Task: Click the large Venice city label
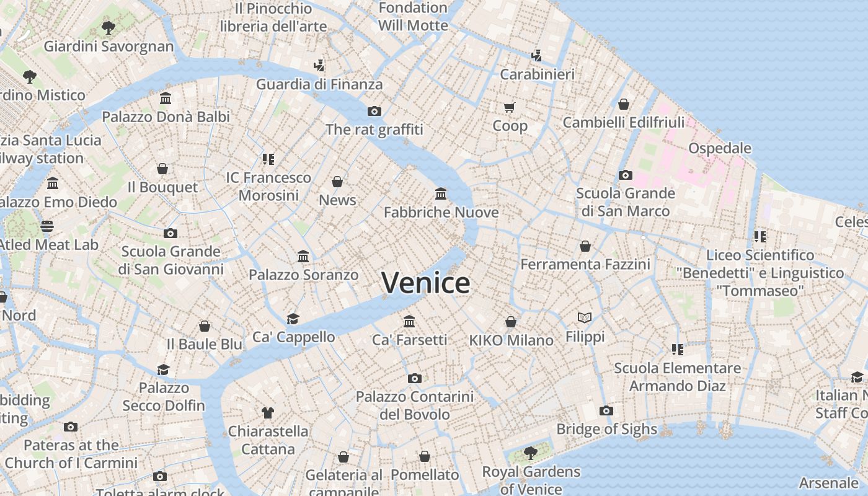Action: (425, 283)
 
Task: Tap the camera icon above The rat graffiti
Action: (374, 111)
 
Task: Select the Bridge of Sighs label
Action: (606, 429)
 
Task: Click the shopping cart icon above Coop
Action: (510, 107)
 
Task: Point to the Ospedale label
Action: (720, 148)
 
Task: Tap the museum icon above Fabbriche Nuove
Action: (441, 194)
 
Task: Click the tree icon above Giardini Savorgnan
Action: (108, 28)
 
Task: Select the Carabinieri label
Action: (537, 74)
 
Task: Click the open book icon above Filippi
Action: (585, 317)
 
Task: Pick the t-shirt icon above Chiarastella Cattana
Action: (268, 412)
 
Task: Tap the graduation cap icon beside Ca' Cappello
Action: (293, 319)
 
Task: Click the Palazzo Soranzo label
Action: (303, 275)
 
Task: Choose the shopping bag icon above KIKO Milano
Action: (511, 322)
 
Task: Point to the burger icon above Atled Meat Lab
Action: (48, 226)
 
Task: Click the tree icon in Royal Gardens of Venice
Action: (530, 453)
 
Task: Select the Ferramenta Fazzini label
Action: (585, 265)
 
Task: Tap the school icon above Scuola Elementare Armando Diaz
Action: (677, 350)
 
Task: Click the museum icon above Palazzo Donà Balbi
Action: (166, 99)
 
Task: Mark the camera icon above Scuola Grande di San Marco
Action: (625, 175)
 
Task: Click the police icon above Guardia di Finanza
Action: (319, 65)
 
